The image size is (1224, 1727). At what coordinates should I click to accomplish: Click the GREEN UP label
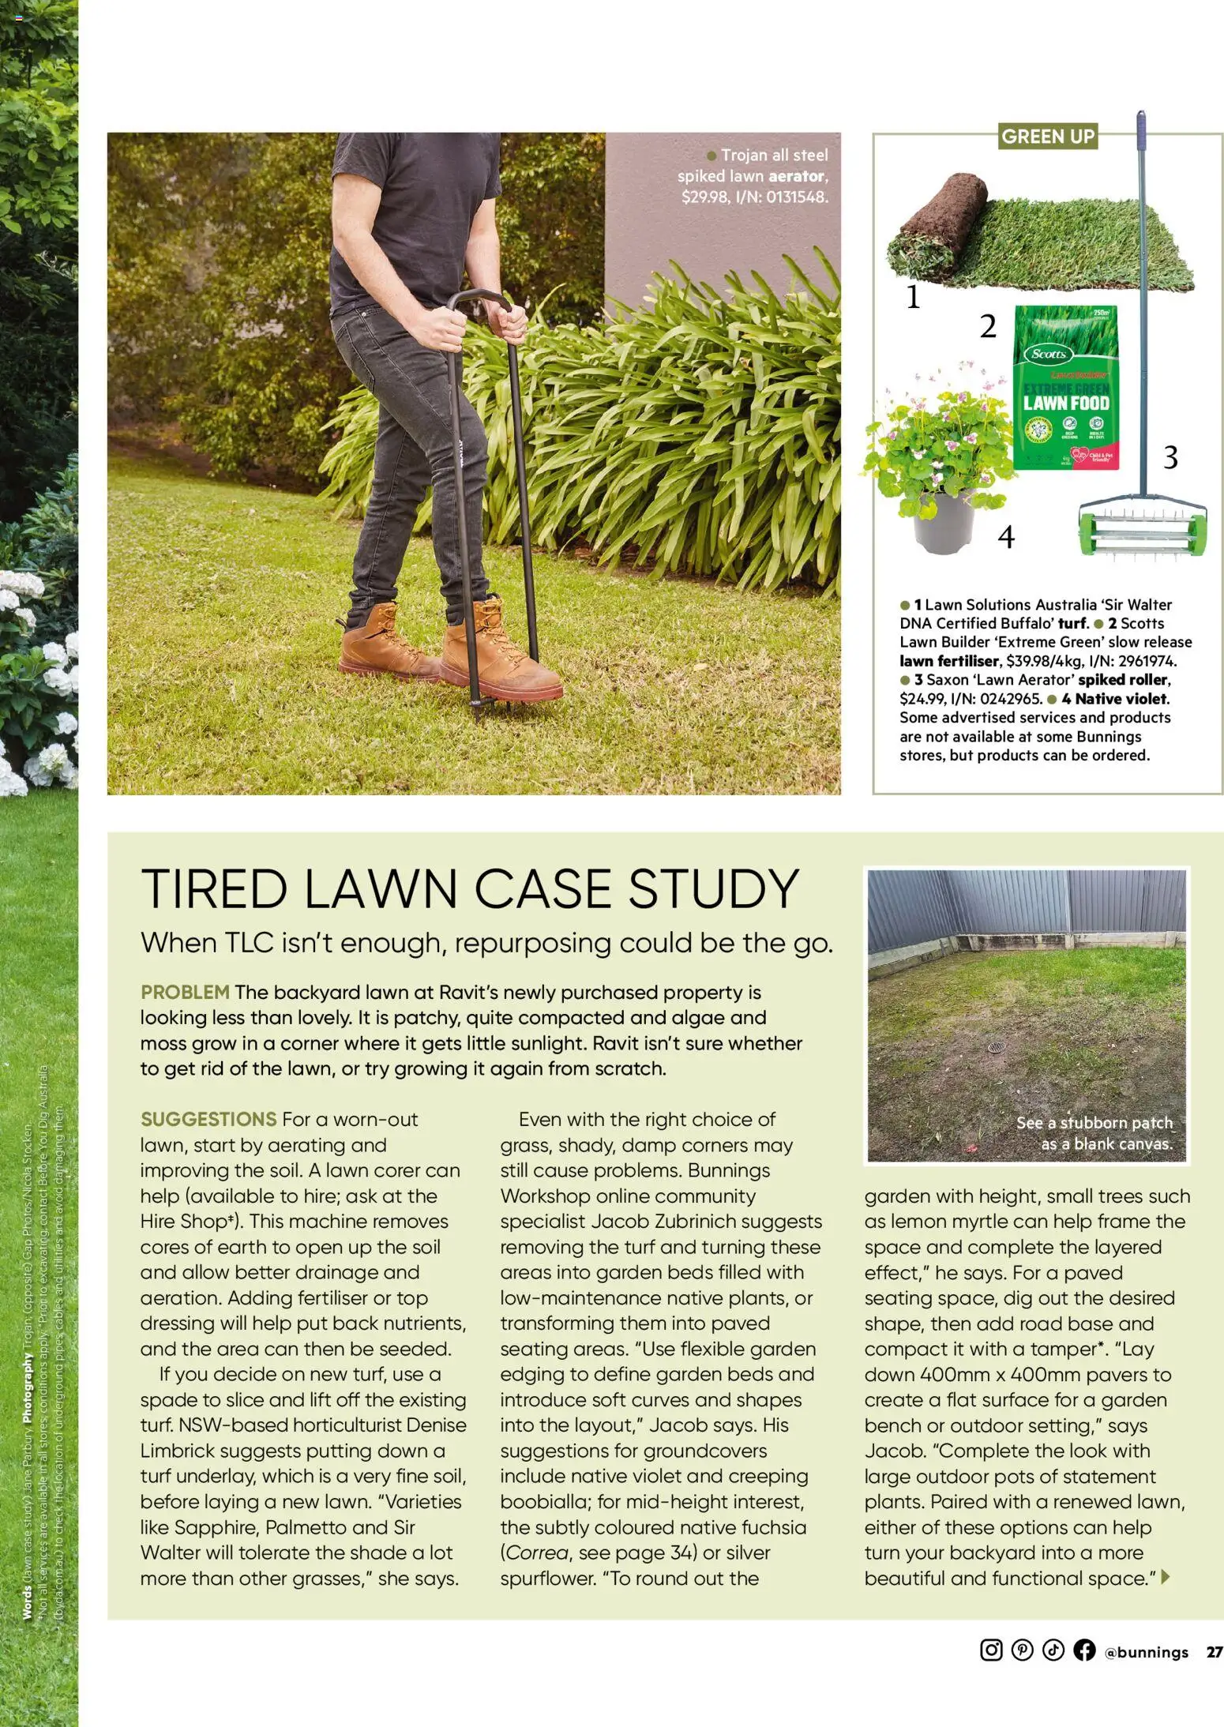(1047, 137)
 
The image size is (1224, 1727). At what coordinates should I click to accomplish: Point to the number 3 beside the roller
(1170, 457)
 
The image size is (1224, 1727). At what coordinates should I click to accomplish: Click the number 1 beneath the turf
(913, 298)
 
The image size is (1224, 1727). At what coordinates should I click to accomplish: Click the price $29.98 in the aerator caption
(705, 197)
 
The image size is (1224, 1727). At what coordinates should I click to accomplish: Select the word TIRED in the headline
(212, 890)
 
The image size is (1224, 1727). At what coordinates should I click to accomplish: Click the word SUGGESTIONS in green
(208, 1119)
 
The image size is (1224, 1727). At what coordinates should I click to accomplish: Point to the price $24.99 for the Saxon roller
(922, 699)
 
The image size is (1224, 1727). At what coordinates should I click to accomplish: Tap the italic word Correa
(537, 1552)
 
